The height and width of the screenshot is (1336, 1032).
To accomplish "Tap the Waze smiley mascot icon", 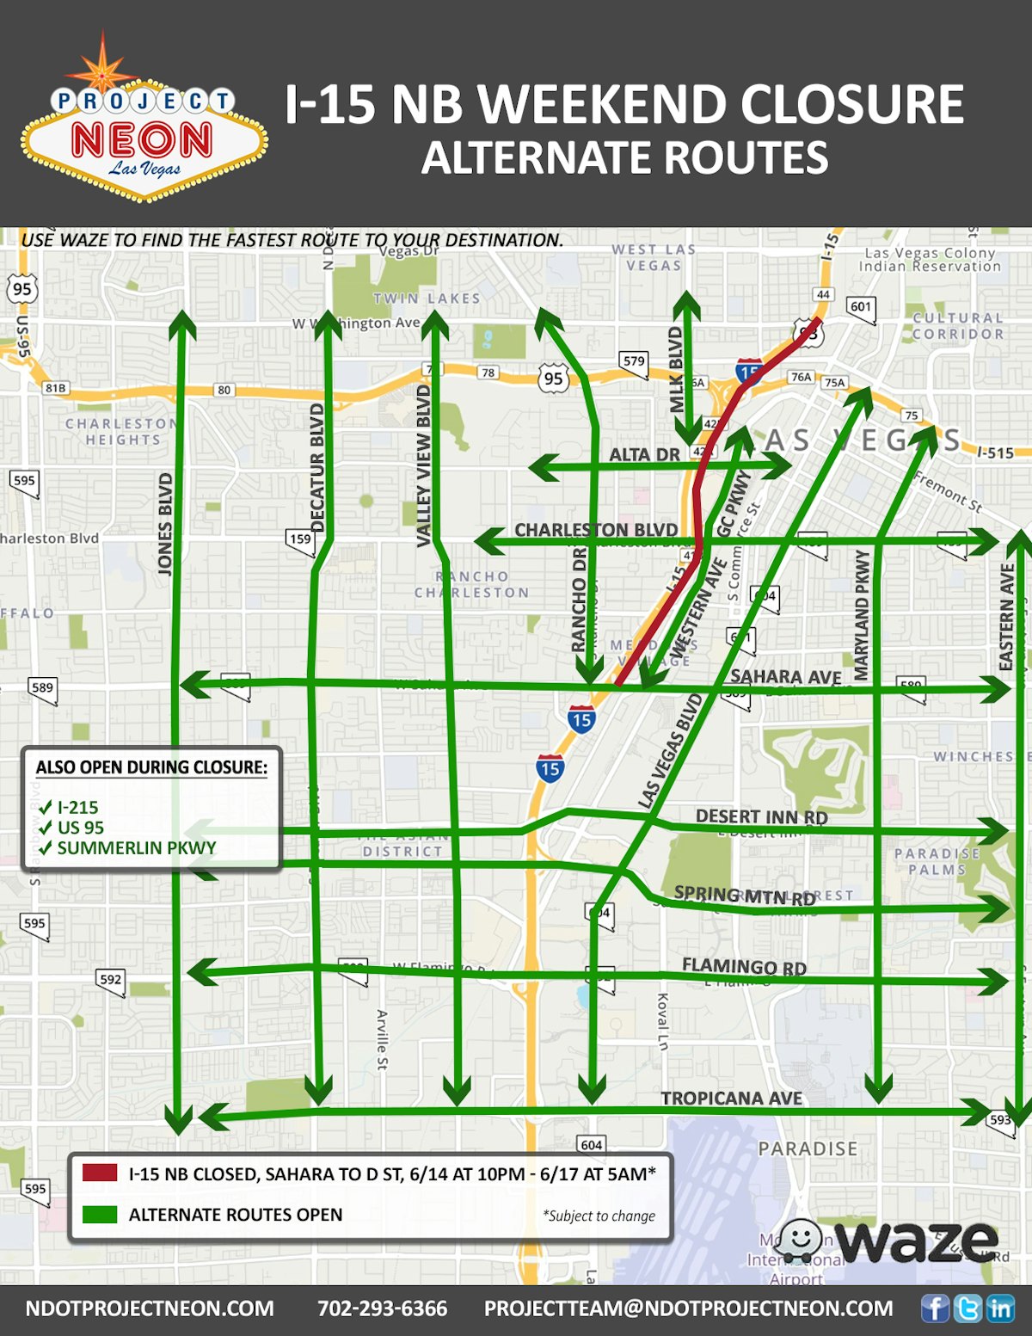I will (x=801, y=1241).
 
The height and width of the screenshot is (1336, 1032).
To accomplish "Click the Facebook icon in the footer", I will (x=935, y=1308).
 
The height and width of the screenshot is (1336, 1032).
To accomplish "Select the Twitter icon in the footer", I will (x=967, y=1308).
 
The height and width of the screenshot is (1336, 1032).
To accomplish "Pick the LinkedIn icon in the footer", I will (x=999, y=1308).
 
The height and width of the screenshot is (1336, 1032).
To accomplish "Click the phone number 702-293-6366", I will (x=382, y=1308).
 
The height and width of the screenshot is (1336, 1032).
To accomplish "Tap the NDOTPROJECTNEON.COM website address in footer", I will (x=150, y=1308).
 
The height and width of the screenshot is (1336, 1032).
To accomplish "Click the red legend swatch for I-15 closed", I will (x=100, y=1173).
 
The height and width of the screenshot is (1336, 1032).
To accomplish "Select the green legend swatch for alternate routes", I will (x=100, y=1214).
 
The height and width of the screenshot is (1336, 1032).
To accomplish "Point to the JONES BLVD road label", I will (x=165, y=523).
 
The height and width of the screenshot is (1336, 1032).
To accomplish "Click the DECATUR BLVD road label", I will (x=316, y=468).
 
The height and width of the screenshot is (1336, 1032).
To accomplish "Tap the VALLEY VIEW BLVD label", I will (x=423, y=465).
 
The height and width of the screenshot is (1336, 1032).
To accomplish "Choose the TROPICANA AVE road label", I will (x=731, y=1098).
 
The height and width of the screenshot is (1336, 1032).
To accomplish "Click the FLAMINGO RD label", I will (x=744, y=967).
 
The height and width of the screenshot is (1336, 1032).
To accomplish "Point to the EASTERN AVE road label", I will (x=1006, y=616).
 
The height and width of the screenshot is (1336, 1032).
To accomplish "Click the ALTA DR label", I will (x=644, y=454).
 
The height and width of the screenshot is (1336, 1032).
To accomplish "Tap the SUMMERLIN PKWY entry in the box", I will (x=136, y=847).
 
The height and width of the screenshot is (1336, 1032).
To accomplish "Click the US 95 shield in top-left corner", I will (x=22, y=289).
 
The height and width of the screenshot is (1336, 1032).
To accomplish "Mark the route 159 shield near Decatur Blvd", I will (x=300, y=540).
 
